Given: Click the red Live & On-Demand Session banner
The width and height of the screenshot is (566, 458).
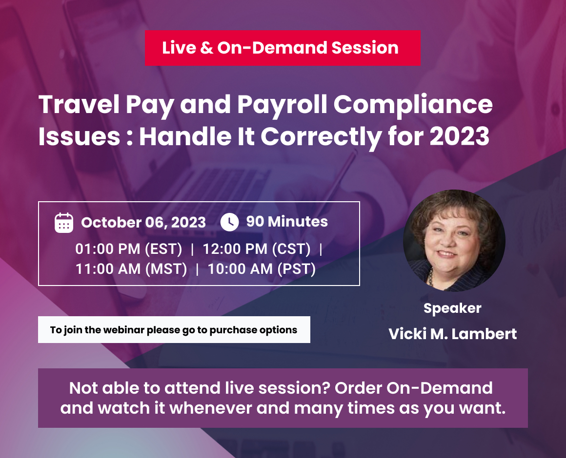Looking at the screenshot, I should (x=282, y=48).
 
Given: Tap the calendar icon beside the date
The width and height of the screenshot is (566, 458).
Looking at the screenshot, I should (x=64, y=222).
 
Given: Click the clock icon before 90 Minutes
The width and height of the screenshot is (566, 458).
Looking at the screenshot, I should (x=229, y=222).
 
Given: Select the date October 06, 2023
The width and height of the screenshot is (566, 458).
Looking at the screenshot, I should (x=143, y=223).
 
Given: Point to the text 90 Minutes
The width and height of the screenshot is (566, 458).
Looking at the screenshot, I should (x=287, y=222).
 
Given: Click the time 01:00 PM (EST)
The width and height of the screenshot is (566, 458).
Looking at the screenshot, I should (x=129, y=249).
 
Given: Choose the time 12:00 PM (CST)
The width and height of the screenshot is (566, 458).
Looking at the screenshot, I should (x=257, y=249).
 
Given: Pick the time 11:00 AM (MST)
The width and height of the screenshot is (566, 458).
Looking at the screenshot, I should (x=131, y=268).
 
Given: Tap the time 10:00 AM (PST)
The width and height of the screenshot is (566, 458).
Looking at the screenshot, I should (x=262, y=268).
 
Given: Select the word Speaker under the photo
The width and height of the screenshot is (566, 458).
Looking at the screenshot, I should (x=452, y=308).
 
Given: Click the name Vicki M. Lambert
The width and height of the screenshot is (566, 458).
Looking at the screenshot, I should (x=452, y=334).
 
